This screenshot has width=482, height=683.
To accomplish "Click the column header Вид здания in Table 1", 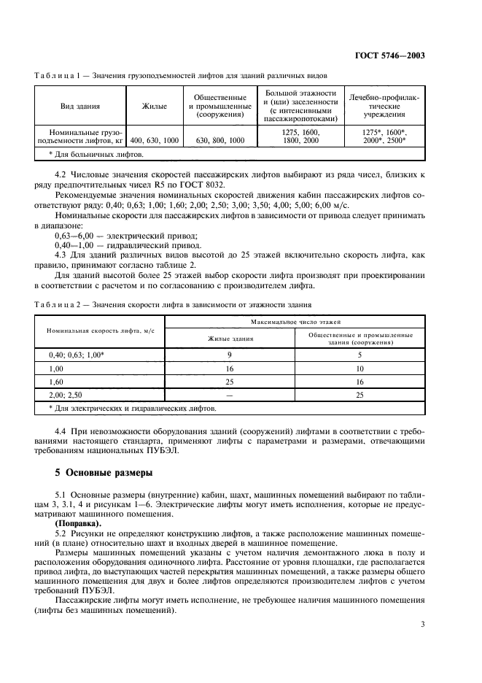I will tap(81, 107).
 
